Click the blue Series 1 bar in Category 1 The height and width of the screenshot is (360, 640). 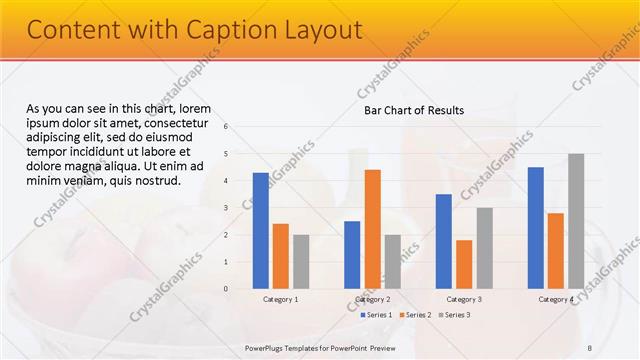point(261,231)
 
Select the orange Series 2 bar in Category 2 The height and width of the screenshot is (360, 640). point(372,229)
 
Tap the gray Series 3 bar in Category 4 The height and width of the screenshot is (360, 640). point(576,221)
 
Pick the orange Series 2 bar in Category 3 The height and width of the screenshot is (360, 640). point(464,264)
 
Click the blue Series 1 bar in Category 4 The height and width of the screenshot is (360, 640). point(536,228)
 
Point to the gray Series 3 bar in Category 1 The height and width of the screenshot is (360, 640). point(301,262)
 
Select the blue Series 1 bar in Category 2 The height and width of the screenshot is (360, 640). point(352,255)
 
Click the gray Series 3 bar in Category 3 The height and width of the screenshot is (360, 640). point(484,248)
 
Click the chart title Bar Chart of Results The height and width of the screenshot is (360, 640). point(413,110)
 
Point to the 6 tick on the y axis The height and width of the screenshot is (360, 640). point(226,127)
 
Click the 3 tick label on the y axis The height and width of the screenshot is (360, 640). point(226,208)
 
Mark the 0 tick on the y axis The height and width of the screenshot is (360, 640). point(226,289)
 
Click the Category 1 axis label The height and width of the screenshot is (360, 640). point(281,299)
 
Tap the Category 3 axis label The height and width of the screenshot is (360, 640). point(464,299)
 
